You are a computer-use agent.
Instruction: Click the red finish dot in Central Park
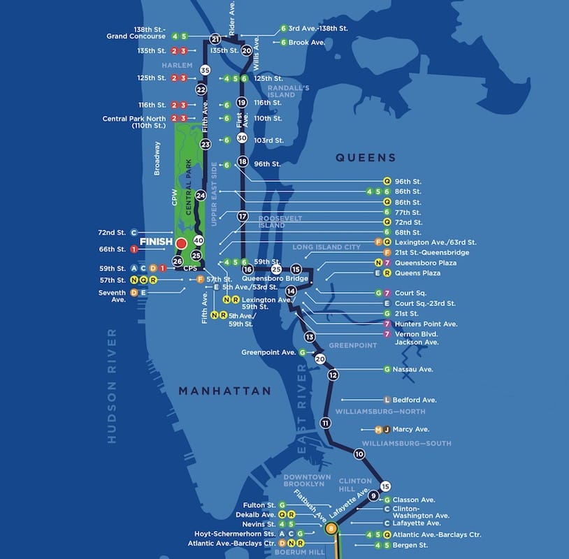pos(181,243)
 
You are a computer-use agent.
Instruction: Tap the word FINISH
pos(156,243)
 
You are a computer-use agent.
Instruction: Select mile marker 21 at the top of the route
pos(215,39)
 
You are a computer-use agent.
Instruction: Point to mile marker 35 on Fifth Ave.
pos(205,70)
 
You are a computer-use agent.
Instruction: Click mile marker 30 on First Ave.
pos(242,138)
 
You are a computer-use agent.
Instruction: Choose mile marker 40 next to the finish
pos(199,240)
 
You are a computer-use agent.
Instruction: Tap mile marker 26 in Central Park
pos(177,261)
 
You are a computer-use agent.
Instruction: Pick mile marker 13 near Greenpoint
pos(310,337)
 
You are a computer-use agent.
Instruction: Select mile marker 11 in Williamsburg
pos(325,423)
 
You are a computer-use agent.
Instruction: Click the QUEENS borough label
pos(366,158)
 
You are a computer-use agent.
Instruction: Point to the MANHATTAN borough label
pos(224,391)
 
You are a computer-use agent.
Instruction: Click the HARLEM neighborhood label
pos(177,65)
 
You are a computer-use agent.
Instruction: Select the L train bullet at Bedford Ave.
pos(387,400)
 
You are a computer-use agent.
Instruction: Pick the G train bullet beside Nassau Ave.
pos(387,369)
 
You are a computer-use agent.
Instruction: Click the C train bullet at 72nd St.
pos(134,232)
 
